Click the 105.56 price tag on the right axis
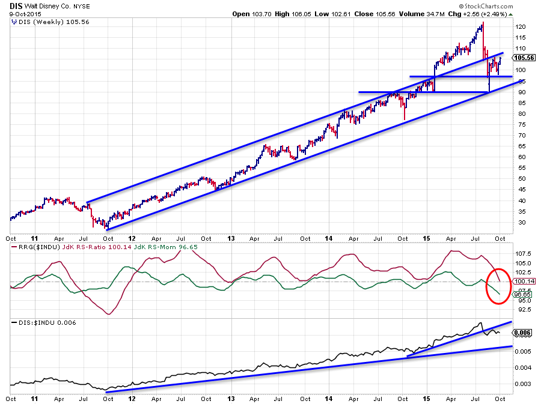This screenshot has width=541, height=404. pyautogui.click(x=523, y=58)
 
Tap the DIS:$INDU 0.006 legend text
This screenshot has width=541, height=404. pyautogui.click(x=40, y=323)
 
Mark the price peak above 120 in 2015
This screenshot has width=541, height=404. pyautogui.click(x=483, y=23)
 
